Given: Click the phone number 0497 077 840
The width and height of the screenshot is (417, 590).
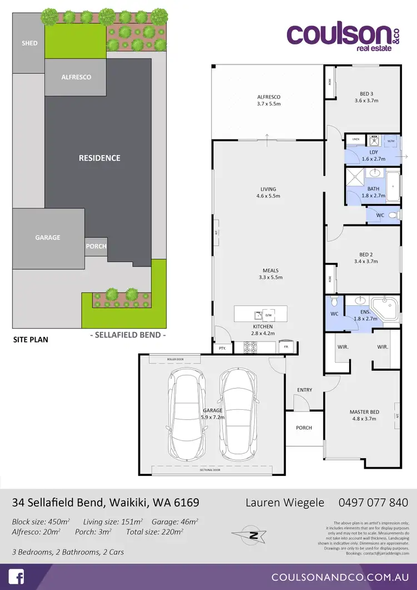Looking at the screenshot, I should click(373, 503).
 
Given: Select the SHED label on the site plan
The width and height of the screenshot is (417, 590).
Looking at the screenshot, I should click(29, 43).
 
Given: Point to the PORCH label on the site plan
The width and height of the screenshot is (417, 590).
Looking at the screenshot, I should click(96, 246).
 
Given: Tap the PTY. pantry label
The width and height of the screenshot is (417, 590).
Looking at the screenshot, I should click(223, 349).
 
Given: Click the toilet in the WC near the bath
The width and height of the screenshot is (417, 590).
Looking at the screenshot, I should click(392, 215).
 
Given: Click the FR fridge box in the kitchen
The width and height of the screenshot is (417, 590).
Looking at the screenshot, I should click(286, 348).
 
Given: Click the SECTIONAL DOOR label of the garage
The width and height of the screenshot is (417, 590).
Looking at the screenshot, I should click(210, 470).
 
